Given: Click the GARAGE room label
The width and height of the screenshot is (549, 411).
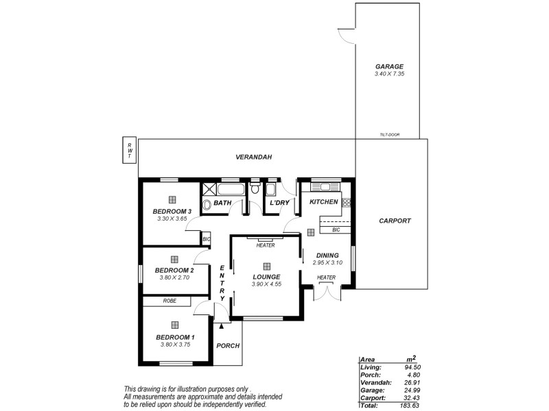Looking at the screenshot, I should pos(388,66).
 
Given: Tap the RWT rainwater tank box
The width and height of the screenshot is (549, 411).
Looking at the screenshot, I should pos(128,150).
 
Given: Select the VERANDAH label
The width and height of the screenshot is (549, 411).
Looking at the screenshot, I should pos(254,158).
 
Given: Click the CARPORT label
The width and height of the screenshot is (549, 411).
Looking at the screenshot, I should pos(395,221).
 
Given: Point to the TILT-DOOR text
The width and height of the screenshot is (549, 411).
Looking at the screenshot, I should pos(389,136).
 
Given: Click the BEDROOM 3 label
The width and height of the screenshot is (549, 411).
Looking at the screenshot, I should pos(172,211).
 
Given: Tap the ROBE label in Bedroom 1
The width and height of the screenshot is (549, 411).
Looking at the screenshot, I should pos(170,301).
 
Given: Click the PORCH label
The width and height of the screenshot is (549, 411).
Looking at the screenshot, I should pos(228,345).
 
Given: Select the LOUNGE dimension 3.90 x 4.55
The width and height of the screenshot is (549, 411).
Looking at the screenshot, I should pos(266,284).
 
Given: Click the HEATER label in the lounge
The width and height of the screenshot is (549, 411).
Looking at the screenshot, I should pos(265,245).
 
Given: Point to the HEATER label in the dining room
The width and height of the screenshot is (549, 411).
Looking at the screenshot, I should pos(326,277).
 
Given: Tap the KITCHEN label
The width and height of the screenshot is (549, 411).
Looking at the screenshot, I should pos(323,203).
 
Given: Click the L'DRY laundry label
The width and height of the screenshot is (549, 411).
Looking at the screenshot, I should pos(279,203).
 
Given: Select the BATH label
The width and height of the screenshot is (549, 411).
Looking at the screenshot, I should pos(222,203).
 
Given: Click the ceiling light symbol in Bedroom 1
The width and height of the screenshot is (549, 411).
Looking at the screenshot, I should pos(175,325).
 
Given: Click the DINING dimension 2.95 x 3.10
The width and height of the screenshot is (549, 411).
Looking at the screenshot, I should pos(327,262).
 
